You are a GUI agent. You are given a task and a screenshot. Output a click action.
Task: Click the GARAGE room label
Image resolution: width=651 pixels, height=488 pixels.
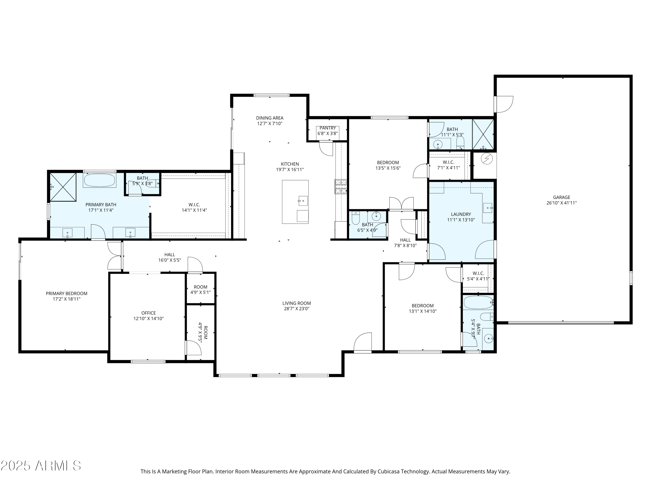pos(561,197)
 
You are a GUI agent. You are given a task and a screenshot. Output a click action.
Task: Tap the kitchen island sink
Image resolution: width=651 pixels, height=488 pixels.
pos(303,201)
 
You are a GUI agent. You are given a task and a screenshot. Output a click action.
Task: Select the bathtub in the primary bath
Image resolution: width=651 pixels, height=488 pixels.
pos(99,180)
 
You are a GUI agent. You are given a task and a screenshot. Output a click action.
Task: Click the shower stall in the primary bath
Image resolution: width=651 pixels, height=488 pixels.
pos(63,187)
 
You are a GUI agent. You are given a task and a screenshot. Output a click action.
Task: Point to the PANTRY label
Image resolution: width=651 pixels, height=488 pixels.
pos(327,128)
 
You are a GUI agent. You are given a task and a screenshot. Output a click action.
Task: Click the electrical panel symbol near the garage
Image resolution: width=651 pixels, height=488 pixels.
pos(487,159)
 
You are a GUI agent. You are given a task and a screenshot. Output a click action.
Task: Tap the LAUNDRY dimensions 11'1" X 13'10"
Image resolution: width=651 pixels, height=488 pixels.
pos(461,220)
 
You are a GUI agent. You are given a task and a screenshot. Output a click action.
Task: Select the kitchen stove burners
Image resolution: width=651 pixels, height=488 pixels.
pos(340,187)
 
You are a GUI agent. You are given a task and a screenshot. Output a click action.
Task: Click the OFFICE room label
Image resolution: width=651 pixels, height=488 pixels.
pos(148,313)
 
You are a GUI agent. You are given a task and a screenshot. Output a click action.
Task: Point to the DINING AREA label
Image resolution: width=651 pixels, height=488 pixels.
pos(270,118)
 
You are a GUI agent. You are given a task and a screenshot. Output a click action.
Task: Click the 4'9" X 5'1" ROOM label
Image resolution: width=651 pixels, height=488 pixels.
pos(201,287)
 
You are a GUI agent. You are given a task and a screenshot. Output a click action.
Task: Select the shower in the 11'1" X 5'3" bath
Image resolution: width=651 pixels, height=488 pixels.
pos(483,134)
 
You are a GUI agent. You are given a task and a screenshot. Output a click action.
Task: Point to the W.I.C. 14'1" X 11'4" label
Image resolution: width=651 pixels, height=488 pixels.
pos(194,205)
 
